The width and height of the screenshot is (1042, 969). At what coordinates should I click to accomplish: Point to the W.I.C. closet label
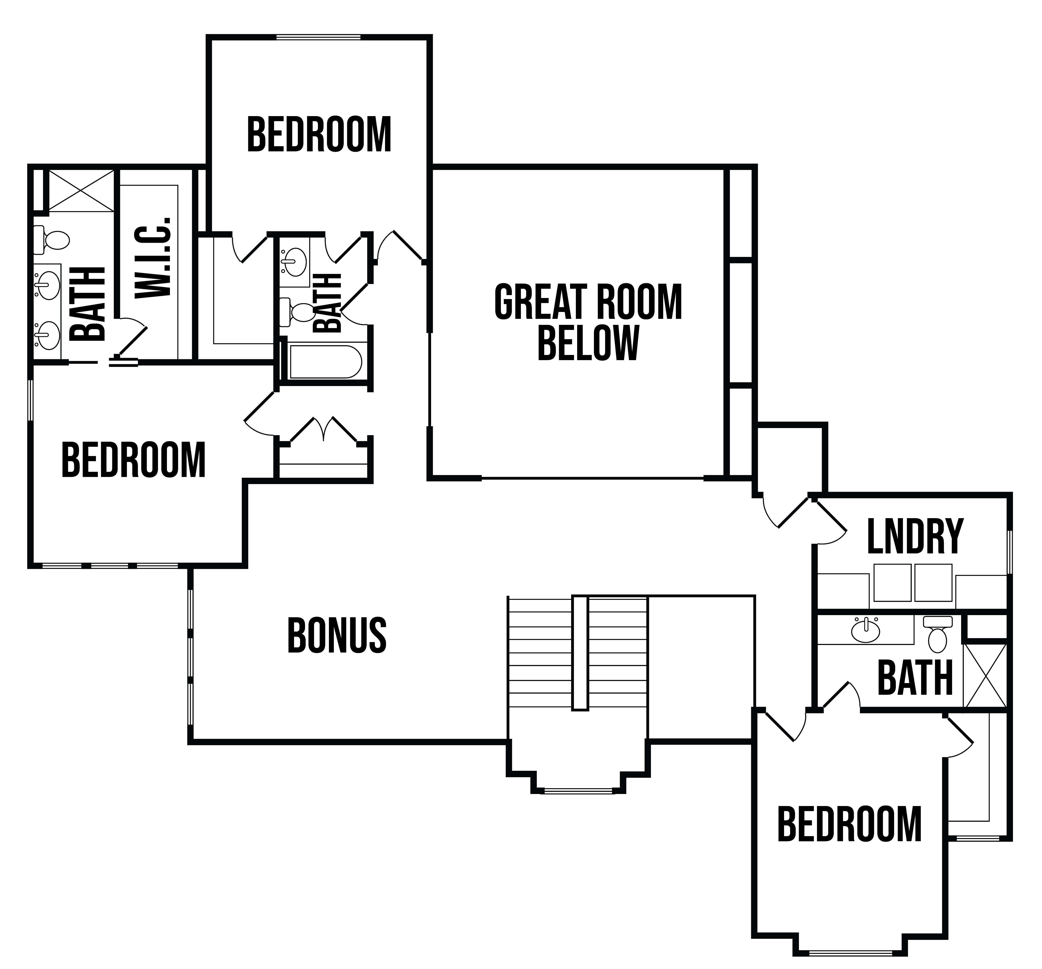[154, 257]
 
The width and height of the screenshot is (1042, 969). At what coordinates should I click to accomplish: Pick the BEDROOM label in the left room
[134, 460]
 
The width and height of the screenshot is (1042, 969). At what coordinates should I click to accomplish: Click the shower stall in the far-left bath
[81, 191]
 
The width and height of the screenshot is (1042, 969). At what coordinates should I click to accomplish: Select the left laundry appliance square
[892, 582]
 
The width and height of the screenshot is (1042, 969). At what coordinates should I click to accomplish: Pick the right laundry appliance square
[933, 582]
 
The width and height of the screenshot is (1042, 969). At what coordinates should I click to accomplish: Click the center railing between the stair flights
[580, 653]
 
